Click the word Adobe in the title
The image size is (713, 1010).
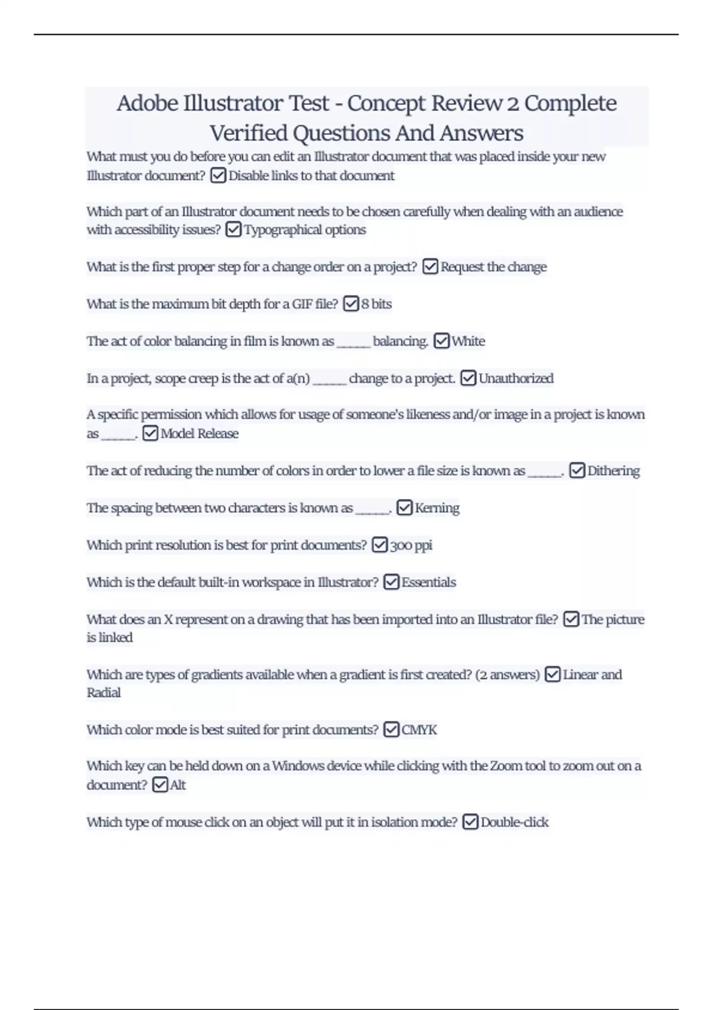(x=147, y=103)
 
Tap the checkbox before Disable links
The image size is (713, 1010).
(x=218, y=176)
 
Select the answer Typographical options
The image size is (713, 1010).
(x=305, y=230)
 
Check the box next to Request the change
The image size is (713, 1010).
(x=430, y=267)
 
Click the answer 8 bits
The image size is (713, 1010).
(x=377, y=304)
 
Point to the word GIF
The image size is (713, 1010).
(x=302, y=304)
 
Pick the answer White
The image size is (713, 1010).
(x=468, y=342)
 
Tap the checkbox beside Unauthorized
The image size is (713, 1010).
(x=468, y=378)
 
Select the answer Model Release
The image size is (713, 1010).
(x=200, y=434)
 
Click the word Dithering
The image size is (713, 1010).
(x=614, y=471)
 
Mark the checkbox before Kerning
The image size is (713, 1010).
(x=404, y=508)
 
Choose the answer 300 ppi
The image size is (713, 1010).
(x=411, y=545)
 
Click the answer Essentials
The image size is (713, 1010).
(x=429, y=582)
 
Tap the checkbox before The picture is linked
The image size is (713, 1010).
(x=571, y=620)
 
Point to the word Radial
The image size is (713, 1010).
(x=103, y=693)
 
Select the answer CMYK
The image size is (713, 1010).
(x=419, y=730)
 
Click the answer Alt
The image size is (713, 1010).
(x=178, y=785)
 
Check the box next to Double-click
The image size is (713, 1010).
(x=470, y=822)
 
